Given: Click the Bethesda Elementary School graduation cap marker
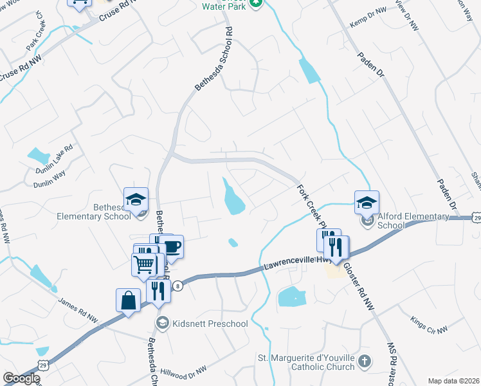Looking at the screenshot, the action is coord(136,199).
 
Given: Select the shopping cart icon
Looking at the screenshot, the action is coord(144,264).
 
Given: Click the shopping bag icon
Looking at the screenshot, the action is coord(128,300).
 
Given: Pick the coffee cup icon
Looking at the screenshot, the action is coord(172,246).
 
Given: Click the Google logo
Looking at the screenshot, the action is coord(21,378).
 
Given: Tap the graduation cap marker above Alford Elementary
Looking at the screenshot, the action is coord(367,203).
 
